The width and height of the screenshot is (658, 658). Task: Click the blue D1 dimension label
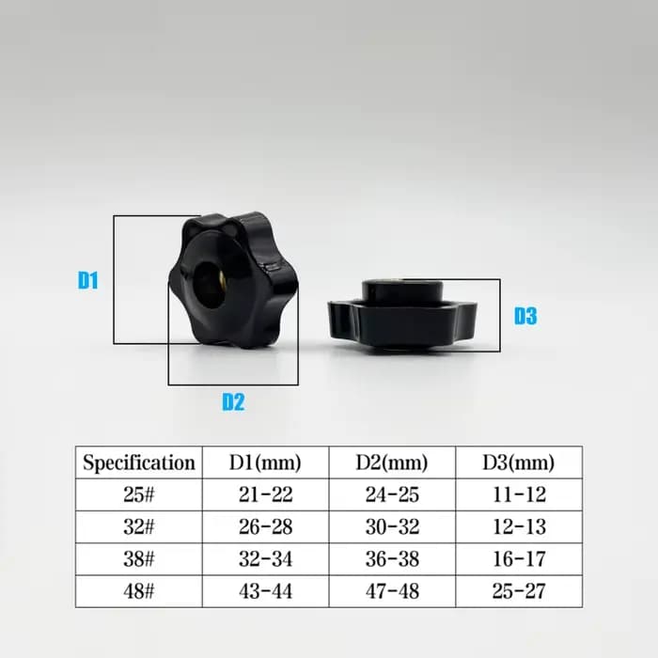click(x=88, y=280)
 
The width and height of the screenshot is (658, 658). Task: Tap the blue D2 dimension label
click(x=233, y=401)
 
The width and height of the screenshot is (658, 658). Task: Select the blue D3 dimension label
click(x=525, y=316)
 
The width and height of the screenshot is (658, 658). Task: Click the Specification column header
click(x=139, y=462)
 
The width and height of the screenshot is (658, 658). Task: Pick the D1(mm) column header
click(x=265, y=462)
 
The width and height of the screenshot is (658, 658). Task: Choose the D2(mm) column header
click(x=392, y=462)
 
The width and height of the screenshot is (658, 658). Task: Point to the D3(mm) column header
click(x=519, y=462)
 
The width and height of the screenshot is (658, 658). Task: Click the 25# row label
click(x=139, y=494)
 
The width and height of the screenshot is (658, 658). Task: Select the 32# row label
click(x=139, y=527)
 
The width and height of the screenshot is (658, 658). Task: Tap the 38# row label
click(x=139, y=559)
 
